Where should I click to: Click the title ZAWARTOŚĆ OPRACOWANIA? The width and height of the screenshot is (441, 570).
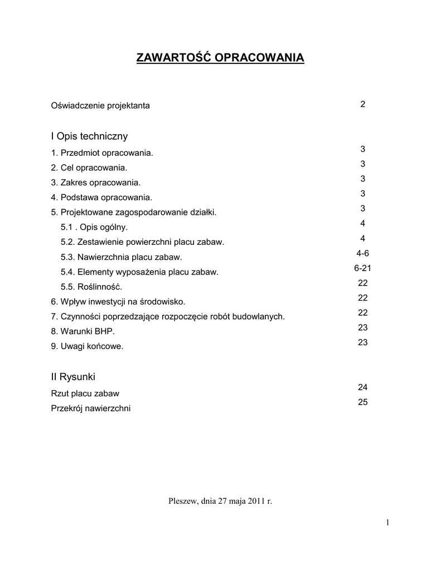pos(220,58)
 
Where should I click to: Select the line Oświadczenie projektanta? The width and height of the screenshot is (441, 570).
pos(100,105)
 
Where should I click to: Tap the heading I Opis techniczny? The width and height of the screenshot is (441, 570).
pos(89,136)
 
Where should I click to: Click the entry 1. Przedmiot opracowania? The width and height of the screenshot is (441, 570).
pos(101,153)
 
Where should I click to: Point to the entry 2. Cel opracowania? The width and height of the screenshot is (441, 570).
pos(89,168)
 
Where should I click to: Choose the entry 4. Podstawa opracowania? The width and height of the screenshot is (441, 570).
pos(101,197)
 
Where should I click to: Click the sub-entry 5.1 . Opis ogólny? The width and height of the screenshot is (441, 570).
pos(94,227)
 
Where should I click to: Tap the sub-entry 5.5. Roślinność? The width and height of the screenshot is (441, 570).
pos(91,287)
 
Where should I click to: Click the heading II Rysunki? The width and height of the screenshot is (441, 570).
pos(73,377)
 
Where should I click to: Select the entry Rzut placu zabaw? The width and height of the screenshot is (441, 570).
pos(85,394)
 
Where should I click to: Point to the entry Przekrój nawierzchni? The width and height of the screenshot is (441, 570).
pos(91,409)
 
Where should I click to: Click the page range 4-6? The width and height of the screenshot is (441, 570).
pos(362,253)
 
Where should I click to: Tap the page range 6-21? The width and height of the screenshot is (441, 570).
pos(362,268)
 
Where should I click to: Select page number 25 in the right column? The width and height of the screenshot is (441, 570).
pos(362,402)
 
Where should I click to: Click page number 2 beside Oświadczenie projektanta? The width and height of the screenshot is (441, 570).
pos(362,104)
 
